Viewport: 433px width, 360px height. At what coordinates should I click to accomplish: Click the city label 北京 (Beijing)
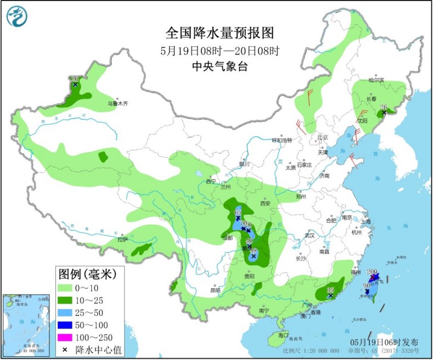pos(322,137)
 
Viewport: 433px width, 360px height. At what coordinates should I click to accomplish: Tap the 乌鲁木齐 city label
pos(116,103)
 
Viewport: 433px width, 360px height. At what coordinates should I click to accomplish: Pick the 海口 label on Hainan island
pos(283,335)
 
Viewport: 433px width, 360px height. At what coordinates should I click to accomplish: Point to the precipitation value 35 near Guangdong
pos(330,289)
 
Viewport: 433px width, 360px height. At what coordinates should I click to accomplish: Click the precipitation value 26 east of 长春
pos(384,107)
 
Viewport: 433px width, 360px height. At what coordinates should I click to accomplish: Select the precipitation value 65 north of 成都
pos(238,212)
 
